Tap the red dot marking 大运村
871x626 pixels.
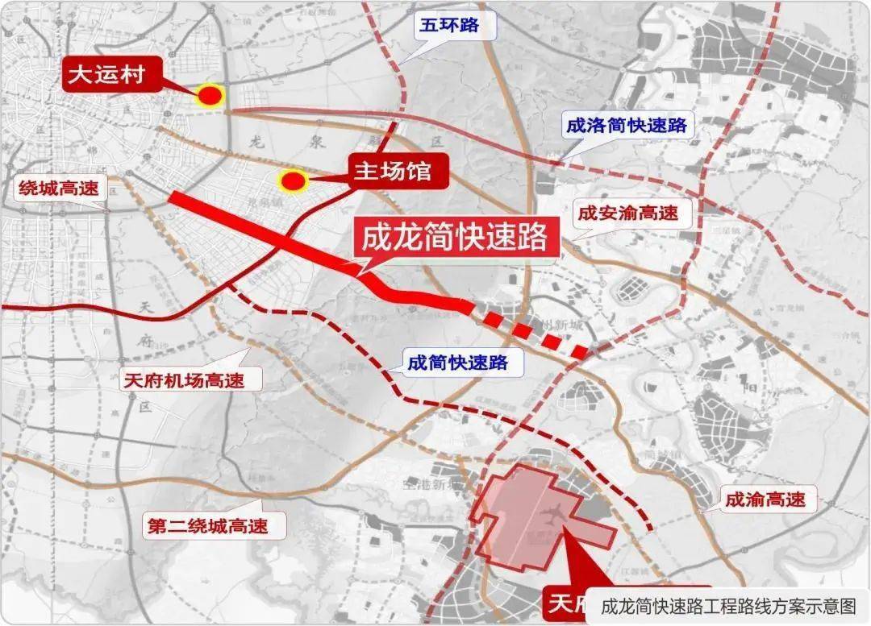[210, 96]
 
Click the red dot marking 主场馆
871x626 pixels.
[293, 181]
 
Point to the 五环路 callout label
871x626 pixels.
[448, 26]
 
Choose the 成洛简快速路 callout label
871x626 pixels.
[626, 125]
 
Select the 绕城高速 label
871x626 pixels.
[59, 189]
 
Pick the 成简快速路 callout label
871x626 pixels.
[457, 363]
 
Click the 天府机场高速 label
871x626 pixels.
[183, 379]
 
